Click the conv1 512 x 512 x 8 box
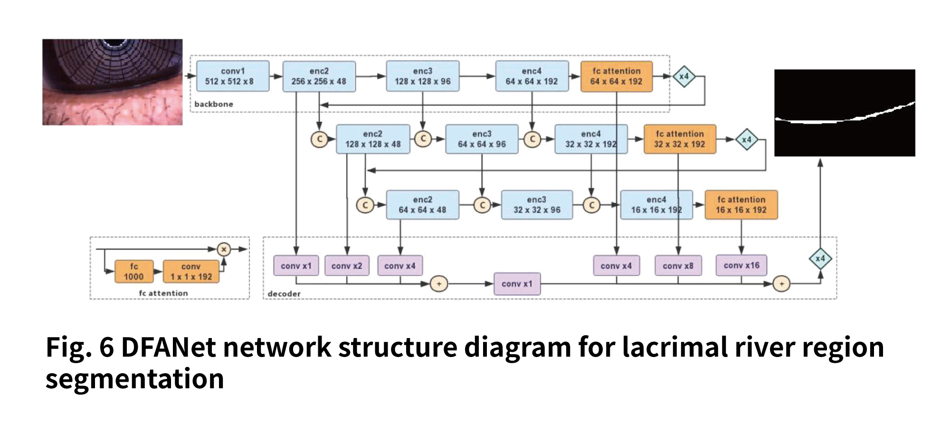coord(233,76)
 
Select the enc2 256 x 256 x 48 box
coord(319,76)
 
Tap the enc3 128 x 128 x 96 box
coord(423,76)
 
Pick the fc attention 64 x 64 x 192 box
coord(617,76)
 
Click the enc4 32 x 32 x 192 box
coord(591,139)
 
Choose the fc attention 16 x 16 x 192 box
coord(741,205)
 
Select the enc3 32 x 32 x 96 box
coord(537,205)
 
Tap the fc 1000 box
coord(134,272)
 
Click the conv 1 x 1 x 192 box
coord(191,272)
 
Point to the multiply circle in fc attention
coord(224,249)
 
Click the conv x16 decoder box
coord(741,265)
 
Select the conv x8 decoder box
coord(678,266)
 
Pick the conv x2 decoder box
coord(347,266)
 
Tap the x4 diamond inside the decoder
coord(820,259)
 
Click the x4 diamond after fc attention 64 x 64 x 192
coord(684,76)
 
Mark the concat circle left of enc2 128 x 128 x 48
coord(320,139)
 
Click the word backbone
coord(214,104)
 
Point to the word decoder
coord(284,294)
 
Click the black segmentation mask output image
coord(845,113)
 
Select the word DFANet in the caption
coord(169,347)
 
